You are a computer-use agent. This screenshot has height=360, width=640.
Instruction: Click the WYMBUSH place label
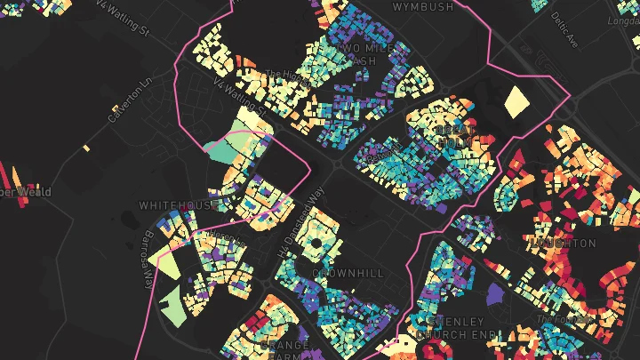point(423,6)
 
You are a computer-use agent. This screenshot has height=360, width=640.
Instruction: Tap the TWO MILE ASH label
point(360,53)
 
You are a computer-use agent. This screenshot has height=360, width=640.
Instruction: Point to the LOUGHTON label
point(562,243)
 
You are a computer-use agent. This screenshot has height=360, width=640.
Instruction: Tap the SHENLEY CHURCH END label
point(453,327)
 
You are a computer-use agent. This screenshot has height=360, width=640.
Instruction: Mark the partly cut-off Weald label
point(27,192)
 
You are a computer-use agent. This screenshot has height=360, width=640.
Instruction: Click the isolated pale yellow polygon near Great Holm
point(516,101)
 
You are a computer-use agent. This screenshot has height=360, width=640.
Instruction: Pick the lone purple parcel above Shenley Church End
point(494,293)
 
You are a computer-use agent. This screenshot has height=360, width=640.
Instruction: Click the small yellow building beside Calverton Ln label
point(87,147)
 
